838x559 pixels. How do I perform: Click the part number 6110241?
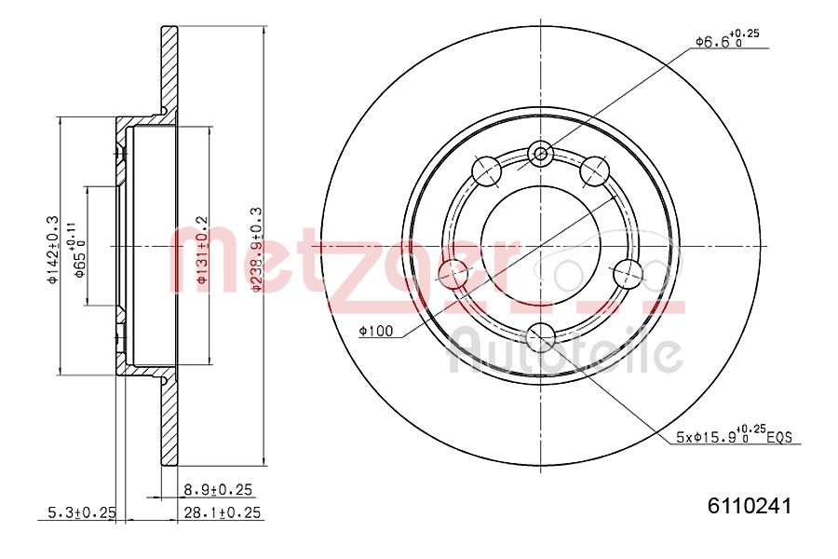(x=750, y=506)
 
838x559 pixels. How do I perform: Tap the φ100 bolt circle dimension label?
(x=375, y=331)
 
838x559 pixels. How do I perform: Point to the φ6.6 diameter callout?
(x=726, y=40)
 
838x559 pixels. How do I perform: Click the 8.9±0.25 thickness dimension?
(x=219, y=489)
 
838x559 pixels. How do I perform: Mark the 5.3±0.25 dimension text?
(x=82, y=512)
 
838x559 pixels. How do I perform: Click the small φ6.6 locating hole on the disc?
(x=541, y=154)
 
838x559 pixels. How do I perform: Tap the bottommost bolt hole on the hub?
(x=541, y=336)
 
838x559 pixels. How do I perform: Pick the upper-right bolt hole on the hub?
(x=595, y=170)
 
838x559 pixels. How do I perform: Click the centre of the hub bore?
(x=541, y=246)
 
